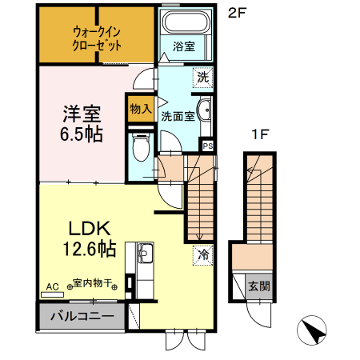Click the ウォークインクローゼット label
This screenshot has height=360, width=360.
[97, 38]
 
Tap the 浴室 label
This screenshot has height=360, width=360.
[184, 47]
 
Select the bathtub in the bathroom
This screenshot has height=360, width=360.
[185, 22]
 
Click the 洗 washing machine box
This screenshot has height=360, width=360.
[204, 78]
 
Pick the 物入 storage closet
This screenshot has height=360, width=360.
[139, 108]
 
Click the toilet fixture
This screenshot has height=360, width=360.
[142, 147]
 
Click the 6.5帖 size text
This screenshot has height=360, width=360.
[82, 134]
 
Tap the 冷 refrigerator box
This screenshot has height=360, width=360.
[203, 256]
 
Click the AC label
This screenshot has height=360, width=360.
[53, 285]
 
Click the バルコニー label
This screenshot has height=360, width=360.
[82, 315]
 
